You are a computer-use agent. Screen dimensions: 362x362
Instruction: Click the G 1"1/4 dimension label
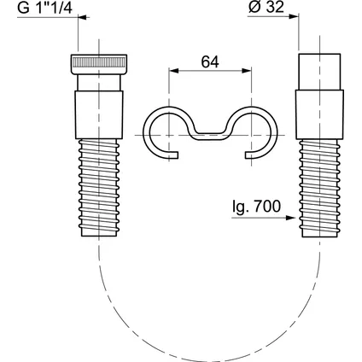click(x=44, y=8)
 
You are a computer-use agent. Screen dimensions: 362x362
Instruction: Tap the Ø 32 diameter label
click(x=266, y=7)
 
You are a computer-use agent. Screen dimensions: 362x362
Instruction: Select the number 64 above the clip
click(x=210, y=61)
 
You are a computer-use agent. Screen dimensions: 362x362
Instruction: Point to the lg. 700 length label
click(x=256, y=207)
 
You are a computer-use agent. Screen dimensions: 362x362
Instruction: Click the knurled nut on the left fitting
click(x=99, y=64)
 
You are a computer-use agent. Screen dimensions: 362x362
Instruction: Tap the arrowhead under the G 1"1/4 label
click(x=83, y=17)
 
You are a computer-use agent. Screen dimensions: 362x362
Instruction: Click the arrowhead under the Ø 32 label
click(x=294, y=16)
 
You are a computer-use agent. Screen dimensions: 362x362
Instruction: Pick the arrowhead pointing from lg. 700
click(x=290, y=218)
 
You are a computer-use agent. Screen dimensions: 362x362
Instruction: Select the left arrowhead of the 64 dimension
click(x=173, y=71)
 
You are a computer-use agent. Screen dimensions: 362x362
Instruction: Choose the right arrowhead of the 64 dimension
click(x=247, y=71)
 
